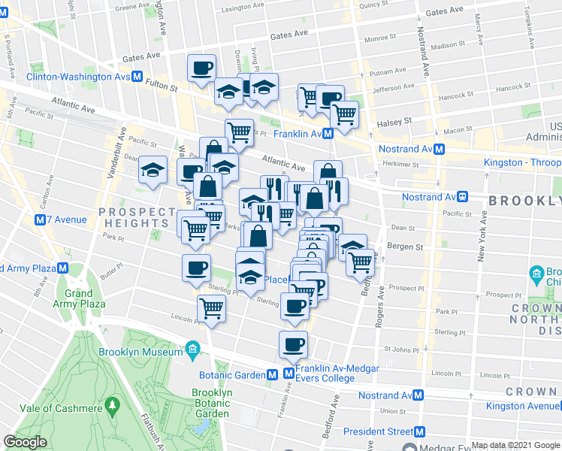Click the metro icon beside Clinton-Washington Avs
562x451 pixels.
tap(138, 77)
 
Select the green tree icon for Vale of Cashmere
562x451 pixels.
tap(113, 407)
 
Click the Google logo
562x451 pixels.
tap(26, 443)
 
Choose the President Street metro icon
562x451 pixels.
tap(420, 431)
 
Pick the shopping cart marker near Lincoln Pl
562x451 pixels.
tap(212, 308)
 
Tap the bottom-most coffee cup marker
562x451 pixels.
tap(293, 345)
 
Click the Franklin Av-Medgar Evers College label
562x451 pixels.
tap(325, 373)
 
